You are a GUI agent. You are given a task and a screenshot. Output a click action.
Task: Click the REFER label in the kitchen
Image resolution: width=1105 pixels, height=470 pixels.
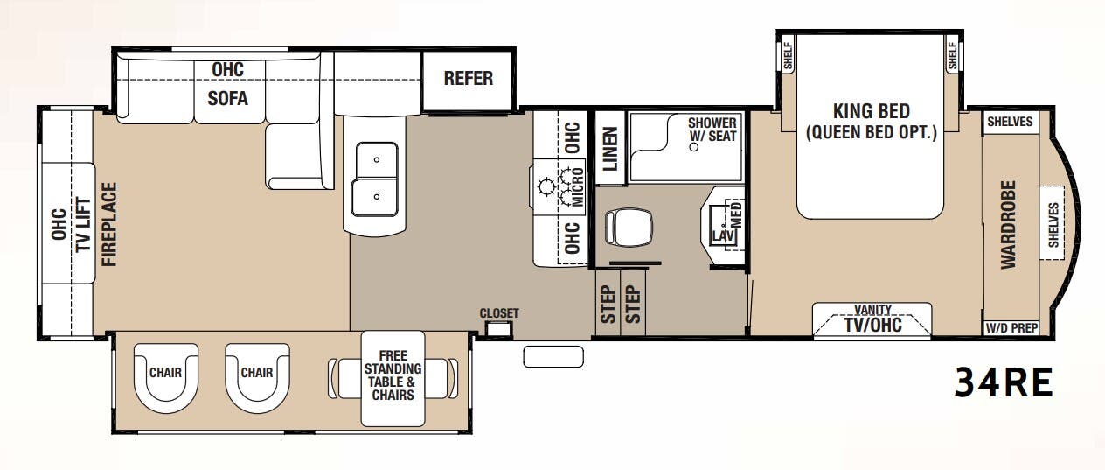468,79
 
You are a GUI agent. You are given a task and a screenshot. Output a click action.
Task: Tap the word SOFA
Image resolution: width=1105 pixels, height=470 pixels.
227,98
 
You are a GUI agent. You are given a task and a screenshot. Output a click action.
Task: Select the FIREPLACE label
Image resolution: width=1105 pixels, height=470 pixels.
109,224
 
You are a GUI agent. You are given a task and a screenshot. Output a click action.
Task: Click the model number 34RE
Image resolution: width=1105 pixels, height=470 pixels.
1003,382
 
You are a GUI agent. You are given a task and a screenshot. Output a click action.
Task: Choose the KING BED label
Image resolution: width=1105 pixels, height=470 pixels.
871,112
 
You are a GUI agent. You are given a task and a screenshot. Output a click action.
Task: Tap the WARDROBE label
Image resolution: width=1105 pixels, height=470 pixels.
1009,225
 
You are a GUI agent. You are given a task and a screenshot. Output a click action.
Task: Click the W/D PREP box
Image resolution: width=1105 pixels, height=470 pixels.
1011,329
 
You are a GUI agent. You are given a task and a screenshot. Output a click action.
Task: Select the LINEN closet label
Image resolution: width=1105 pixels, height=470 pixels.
610,148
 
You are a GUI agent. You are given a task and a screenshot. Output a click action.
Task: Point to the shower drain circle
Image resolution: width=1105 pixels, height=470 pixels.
694,147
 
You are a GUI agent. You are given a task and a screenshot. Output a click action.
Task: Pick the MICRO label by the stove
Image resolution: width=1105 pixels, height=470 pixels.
577,190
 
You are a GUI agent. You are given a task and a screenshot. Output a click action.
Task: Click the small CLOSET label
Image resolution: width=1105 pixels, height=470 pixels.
499,313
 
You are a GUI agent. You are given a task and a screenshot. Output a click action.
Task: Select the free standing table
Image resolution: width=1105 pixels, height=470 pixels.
392,377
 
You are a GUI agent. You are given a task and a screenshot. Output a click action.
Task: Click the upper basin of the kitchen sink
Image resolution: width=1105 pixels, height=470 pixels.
375,160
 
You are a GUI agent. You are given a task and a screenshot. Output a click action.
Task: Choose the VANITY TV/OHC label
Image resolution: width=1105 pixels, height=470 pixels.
872,320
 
